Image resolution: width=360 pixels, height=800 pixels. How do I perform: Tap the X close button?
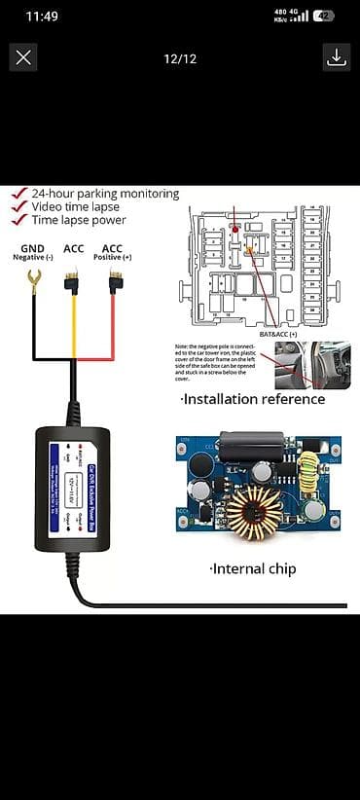coord(23,57)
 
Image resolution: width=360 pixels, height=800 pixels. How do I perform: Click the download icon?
coord(336,57)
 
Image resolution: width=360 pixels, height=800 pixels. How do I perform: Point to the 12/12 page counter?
coord(180,58)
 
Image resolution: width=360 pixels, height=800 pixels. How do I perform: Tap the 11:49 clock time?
coord(43,16)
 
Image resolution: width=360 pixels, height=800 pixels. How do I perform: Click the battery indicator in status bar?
coord(323,16)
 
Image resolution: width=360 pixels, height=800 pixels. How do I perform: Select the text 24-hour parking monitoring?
coord(104,194)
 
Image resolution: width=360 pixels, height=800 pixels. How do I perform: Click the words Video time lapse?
coord(75,206)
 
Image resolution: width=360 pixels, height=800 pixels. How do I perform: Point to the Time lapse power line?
coord(80,220)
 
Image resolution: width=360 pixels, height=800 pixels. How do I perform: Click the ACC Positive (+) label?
coord(113,252)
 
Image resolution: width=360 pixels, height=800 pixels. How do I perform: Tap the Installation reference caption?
coord(253,399)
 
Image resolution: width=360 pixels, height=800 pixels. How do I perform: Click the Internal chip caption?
coord(252,568)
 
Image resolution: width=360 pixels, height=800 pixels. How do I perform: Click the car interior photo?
coord(312,364)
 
